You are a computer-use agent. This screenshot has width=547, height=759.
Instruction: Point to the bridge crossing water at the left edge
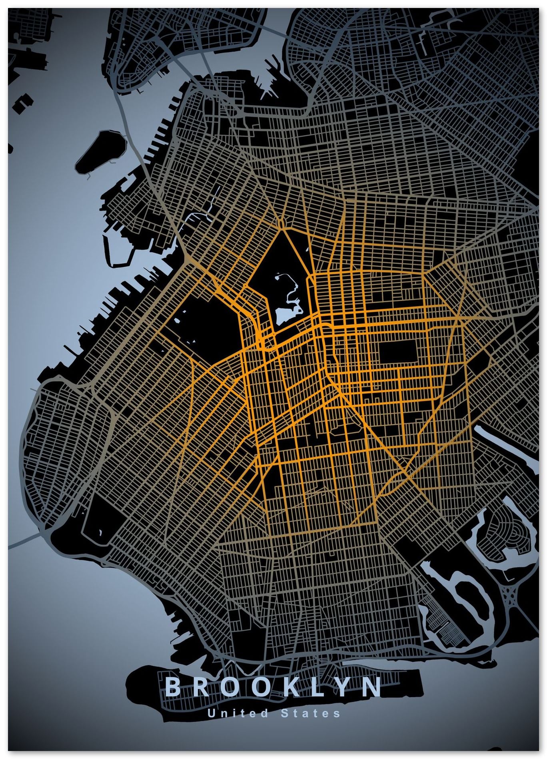pyautogui.click(x=24, y=540)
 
